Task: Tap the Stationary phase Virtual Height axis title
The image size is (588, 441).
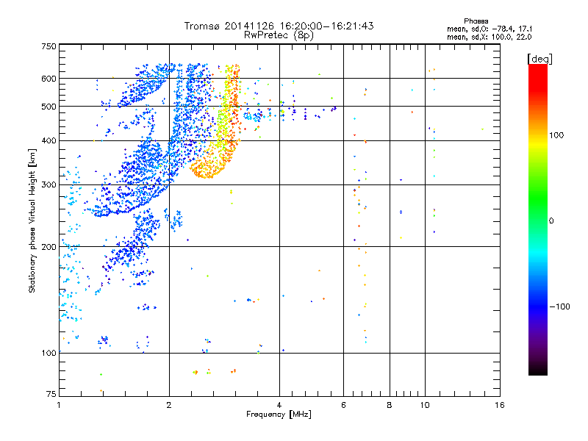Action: click(x=32, y=220)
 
